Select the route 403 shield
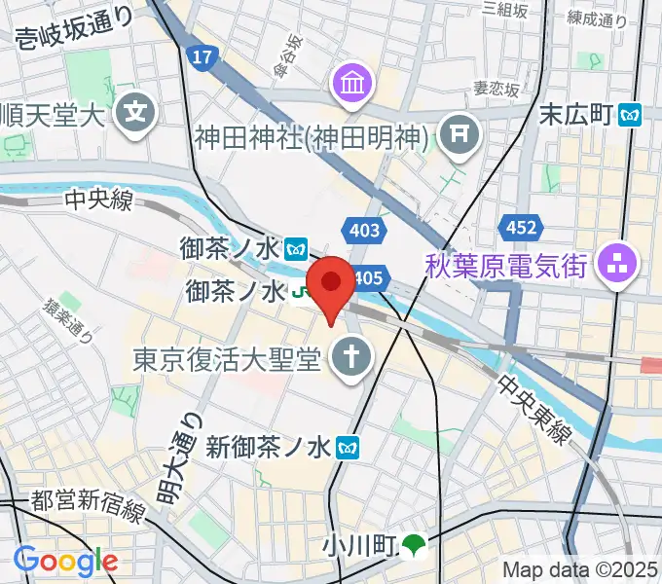pos(363,231)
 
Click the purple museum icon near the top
pos(349,83)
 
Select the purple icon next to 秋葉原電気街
pos(615,263)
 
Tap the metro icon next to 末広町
pos(632,115)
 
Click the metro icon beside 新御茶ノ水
pos(347,448)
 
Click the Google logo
pos(65,561)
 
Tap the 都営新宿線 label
pos(89,503)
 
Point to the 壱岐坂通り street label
pos(73,43)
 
